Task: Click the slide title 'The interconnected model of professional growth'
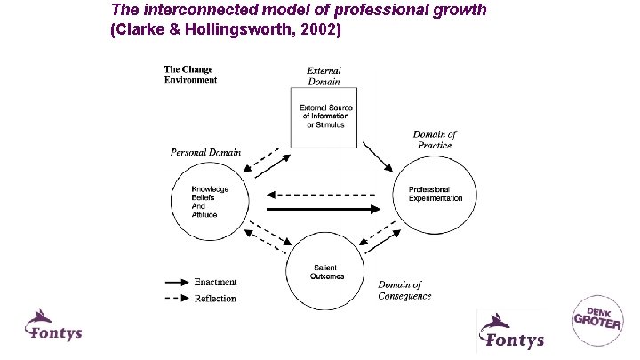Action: pyautogui.click(x=299, y=11)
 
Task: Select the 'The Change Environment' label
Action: pyautogui.click(x=190, y=74)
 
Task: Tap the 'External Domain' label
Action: pyautogui.click(x=324, y=76)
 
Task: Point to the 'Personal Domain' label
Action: pyautogui.click(x=205, y=152)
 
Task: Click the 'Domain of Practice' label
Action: pyautogui.click(x=435, y=140)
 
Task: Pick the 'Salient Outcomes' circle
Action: pyautogui.click(x=324, y=271)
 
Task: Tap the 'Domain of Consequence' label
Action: pyautogui.click(x=405, y=291)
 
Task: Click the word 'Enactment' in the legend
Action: pyautogui.click(x=215, y=282)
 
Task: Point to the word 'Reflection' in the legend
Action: pyautogui.click(x=215, y=298)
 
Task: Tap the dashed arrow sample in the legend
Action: pyautogui.click(x=179, y=298)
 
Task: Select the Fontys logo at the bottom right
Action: pyautogui.click(x=511, y=330)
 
